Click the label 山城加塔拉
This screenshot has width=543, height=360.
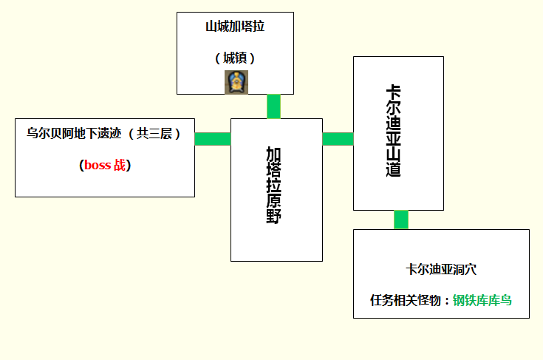click(235, 27)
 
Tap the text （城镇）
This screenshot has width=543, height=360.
click(235, 58)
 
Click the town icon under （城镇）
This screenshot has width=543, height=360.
click(236, 82)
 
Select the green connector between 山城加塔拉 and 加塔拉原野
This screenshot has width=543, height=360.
click(274, 106)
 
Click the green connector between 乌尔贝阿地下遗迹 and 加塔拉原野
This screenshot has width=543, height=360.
click(213, 139)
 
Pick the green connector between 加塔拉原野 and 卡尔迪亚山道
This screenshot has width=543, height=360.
click(338, 139)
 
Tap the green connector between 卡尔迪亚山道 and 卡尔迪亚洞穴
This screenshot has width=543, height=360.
click(401, 220)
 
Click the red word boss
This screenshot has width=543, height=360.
click(97, 166)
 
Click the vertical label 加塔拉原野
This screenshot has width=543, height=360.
click(274, 186)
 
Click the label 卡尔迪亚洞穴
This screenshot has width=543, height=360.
click(440, 270)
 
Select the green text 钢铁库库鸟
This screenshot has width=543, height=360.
click(482, 300)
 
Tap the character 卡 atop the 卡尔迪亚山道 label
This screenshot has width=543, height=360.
click(394, 92)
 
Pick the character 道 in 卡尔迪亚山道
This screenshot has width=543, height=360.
click(394, 169)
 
